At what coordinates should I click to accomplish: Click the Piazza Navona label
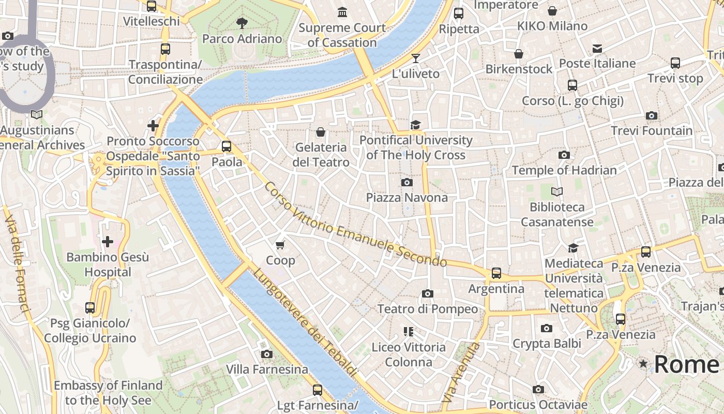click(x=407, y=198)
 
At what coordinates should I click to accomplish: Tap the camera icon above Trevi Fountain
click(x=652, y=115)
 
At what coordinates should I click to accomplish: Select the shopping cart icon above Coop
click(x=280, y=245)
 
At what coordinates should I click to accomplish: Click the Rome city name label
click(x=687, y=364)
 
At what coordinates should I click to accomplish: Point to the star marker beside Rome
click(x=643, y=364)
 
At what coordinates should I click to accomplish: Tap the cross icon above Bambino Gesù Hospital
click(x=108, y=242)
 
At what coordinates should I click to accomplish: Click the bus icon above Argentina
click(x=496, y=273)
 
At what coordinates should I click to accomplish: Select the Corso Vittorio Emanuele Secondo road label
click(x=355, y=225)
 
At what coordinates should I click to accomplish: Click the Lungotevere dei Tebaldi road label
click(x=305, y=321)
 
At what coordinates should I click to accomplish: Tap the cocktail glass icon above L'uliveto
click(x=416, y=58)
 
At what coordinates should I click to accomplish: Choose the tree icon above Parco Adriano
click(x=242, y=23)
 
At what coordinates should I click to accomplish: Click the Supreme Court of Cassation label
click(x=342, y=35)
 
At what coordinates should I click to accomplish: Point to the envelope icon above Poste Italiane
click(x=597, y=49)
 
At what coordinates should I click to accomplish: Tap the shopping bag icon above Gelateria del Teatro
click(x=321, y=132)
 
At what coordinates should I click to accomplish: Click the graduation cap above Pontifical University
click(x=416, y=125)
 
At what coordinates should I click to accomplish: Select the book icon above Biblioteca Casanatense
click(x=557, y=191)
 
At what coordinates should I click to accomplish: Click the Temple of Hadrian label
click(x=564, y=170)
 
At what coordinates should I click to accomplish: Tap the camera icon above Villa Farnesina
click(x=267, y=354)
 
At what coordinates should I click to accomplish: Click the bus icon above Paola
click(x=227, y=146)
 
